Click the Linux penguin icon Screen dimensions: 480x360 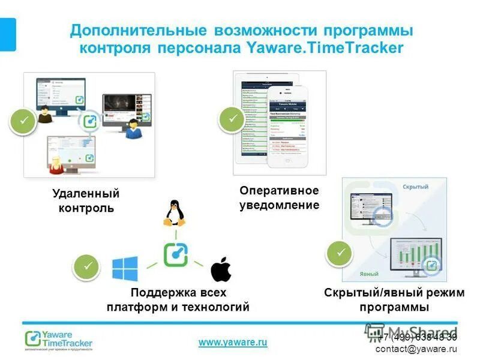tap(175, 213)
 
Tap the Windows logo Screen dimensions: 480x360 tap(125, 269)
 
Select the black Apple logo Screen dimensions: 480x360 tap(221, 269)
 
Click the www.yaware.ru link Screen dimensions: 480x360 tap(233, 342)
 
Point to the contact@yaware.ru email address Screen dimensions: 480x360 tap(416, 349)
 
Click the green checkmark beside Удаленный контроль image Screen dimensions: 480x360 tap(24, 122)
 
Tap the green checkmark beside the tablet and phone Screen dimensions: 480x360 tap(232, 119)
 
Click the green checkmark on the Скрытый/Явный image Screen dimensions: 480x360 tap(340, 253)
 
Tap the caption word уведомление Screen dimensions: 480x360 tap(280, 205)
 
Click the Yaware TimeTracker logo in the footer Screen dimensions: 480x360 tap(59, 340)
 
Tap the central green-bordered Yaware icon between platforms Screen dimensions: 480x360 tap(176, 254)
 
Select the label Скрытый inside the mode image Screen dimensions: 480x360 tap(415, 187)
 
